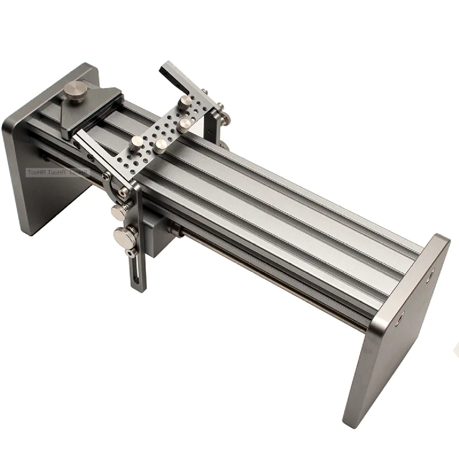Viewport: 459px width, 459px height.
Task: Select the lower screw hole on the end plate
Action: click(x=400, y=314)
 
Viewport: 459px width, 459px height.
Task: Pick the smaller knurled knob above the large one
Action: click(x=119, y=212)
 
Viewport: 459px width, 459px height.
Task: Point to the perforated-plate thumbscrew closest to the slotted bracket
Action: click(x=138, y=141)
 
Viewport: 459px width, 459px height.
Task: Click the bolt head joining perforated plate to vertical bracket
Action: click(x=123, y=192)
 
